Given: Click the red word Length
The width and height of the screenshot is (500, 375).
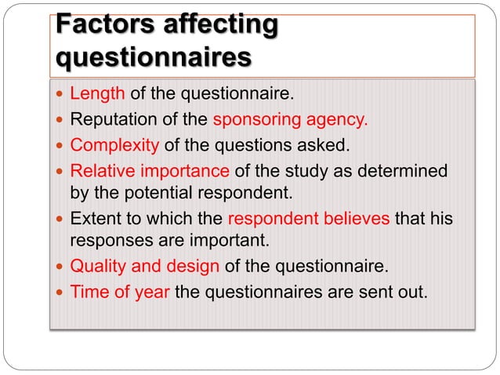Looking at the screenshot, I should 97,95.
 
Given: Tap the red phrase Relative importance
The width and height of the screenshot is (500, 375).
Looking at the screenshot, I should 150,170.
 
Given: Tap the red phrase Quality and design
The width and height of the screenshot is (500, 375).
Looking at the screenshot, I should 145,266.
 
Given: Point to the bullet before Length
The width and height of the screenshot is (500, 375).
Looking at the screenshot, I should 60,96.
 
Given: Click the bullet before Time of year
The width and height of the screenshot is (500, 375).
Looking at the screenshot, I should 60,292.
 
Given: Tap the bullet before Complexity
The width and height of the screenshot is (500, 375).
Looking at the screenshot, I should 60,146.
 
